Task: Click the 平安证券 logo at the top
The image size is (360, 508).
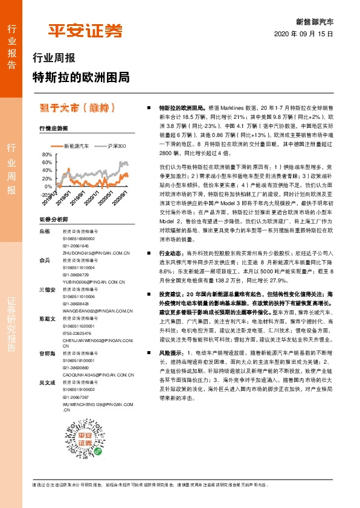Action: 85,30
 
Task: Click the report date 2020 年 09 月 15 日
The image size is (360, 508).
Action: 303,34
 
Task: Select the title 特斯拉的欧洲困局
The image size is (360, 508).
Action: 80,78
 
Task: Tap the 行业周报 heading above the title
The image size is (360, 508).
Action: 54,59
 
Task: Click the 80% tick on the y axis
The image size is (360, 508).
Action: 47,155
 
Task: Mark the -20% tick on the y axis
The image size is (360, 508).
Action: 46,194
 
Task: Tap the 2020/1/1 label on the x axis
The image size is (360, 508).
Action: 104,202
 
